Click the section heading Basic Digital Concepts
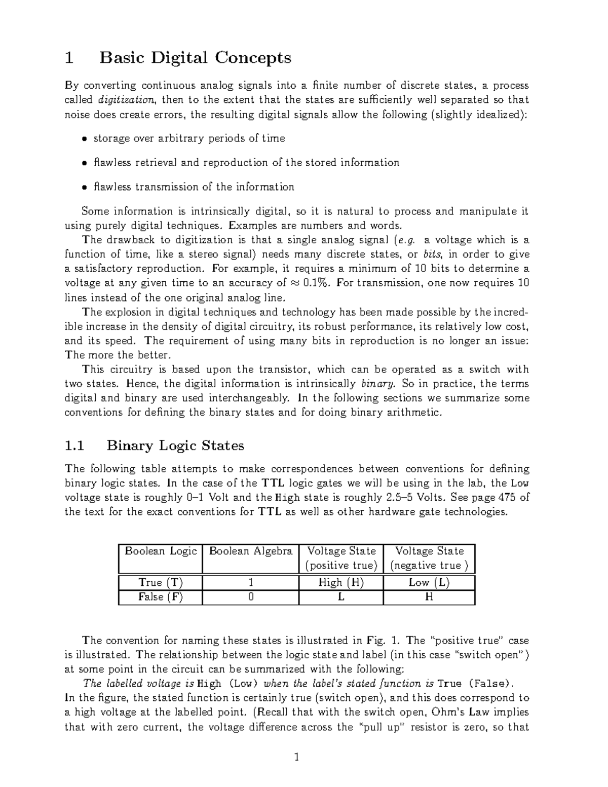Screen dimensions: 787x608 tap(195, 58)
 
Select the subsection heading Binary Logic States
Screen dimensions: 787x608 tap(175, 445)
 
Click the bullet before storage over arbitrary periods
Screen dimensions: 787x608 tap(85, 139)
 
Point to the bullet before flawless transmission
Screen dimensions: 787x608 tap(85, 188)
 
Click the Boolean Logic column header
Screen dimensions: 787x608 tap(161, 551)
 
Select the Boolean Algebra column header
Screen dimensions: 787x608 tap(251, 551)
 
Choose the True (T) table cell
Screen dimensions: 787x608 tap(161, 583)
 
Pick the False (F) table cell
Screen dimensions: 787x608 tap(161, 597)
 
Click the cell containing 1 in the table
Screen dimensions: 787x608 tap(251, 583)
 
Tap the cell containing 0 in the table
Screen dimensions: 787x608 tap(251, 597)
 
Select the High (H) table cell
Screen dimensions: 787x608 tap(341, 583)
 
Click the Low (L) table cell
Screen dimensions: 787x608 tap(429, 583)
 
